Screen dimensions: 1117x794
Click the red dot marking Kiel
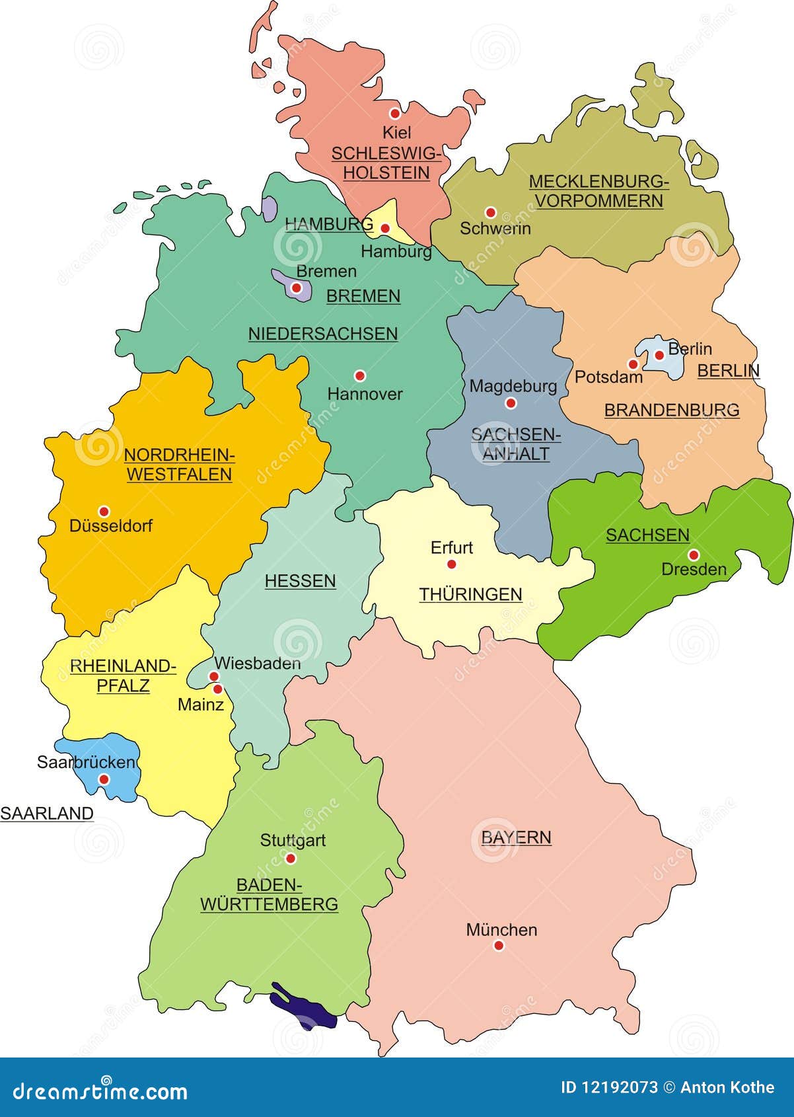tap(395, 113)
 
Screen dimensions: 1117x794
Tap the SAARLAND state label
tap(47, 814)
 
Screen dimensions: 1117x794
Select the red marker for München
tap(499, 946)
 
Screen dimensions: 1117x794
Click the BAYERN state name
tap(516, 837)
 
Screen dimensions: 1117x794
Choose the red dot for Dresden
tap(693, 555)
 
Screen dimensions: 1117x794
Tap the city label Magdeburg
tap(513, 385)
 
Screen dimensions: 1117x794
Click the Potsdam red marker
tap(633, 364)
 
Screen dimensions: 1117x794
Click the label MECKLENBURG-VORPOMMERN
tap(599, 191)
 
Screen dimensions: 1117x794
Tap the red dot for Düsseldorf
tap(104, 511)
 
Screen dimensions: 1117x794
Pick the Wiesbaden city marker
tap(214, 676)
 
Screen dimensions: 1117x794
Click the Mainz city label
tap(200, 705)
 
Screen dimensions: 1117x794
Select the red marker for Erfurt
tap(451, 564)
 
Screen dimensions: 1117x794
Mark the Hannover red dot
tap(360, 375)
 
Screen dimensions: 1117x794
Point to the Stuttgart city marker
tap(290, 858)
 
